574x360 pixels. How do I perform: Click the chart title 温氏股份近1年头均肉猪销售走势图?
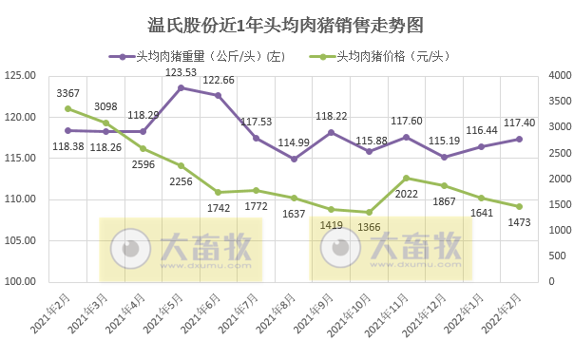click(286, 23)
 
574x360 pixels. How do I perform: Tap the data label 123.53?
click(181, 72)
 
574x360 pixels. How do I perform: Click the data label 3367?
click(67, 93)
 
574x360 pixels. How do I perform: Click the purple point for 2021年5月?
click(181, 87)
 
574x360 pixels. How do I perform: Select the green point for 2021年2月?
click(67, 108)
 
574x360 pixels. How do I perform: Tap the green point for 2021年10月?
click(369, 212)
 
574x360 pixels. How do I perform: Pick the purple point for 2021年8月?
click(294, 159)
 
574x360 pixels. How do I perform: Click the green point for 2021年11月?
click(406, 178)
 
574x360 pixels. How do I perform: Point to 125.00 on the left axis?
click(21, 76)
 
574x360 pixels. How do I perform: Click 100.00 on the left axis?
click(21, 281)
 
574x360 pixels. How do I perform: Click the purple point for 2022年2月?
click(519, 139)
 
